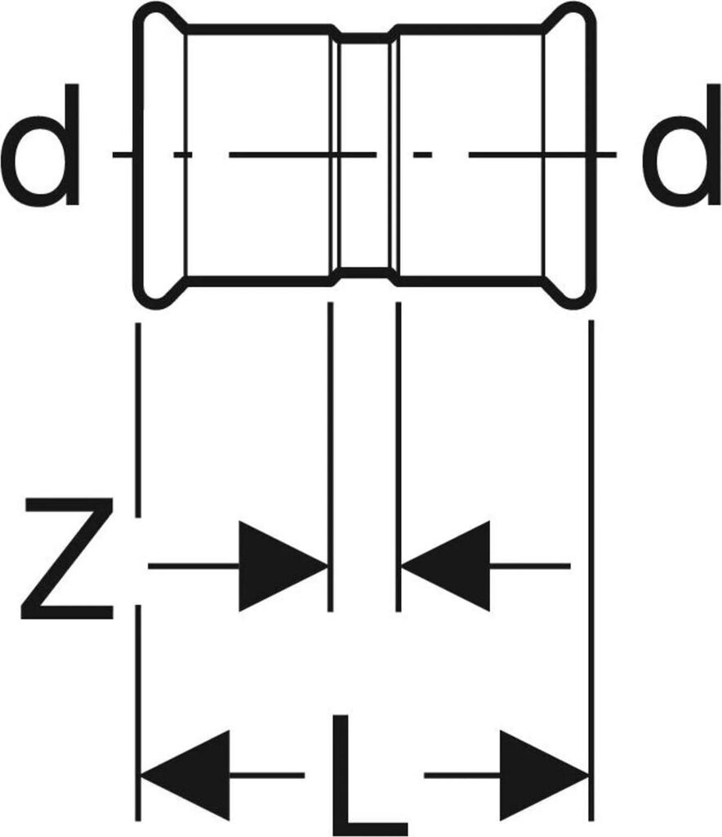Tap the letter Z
(67, 557)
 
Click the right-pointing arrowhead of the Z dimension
(282, 566)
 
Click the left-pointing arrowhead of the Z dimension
(446, 566)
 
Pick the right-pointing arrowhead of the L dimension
(543, 773)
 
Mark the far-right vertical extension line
(591, 490)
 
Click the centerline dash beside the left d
(123, 154)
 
